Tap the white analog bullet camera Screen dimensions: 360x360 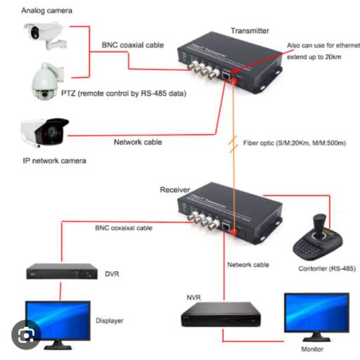pos(44,34)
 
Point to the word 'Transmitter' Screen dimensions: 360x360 pos(250,31)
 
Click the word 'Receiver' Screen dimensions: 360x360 pos(176,190)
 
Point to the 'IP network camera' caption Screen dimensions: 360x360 pos(54,160)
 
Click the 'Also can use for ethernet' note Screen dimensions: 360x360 pos(322,45)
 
